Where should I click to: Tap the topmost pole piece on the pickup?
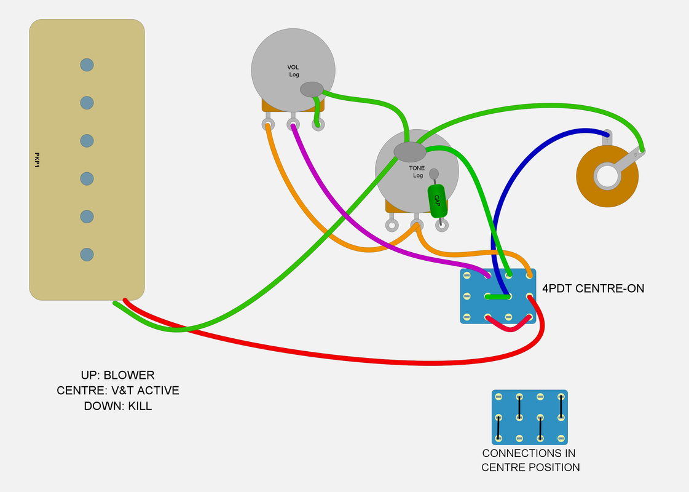pos(87,64)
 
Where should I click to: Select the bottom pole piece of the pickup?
pos(87,254)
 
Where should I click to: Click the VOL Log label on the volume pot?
pos(294,71)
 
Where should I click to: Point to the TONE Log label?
pos(417,172)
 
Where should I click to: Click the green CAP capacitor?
pos(437,200)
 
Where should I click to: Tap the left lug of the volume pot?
pos(268,125)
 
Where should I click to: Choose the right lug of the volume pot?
pos(318,125)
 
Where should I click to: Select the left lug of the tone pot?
pos(392,225)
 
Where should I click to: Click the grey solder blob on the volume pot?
pos(312,89)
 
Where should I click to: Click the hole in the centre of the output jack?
pos(607,176)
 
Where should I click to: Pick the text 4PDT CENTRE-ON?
pos(593,287)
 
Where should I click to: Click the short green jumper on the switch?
pos(498,297)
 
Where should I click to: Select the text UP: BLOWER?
pos(117,375)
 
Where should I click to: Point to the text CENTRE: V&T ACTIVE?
pos(117,391)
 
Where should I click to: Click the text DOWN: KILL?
pos(117,406)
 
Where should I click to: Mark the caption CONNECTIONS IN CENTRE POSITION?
pos(530,460)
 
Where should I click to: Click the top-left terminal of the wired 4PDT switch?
pos(467,275)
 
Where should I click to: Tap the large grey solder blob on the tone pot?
pos(409,151)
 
